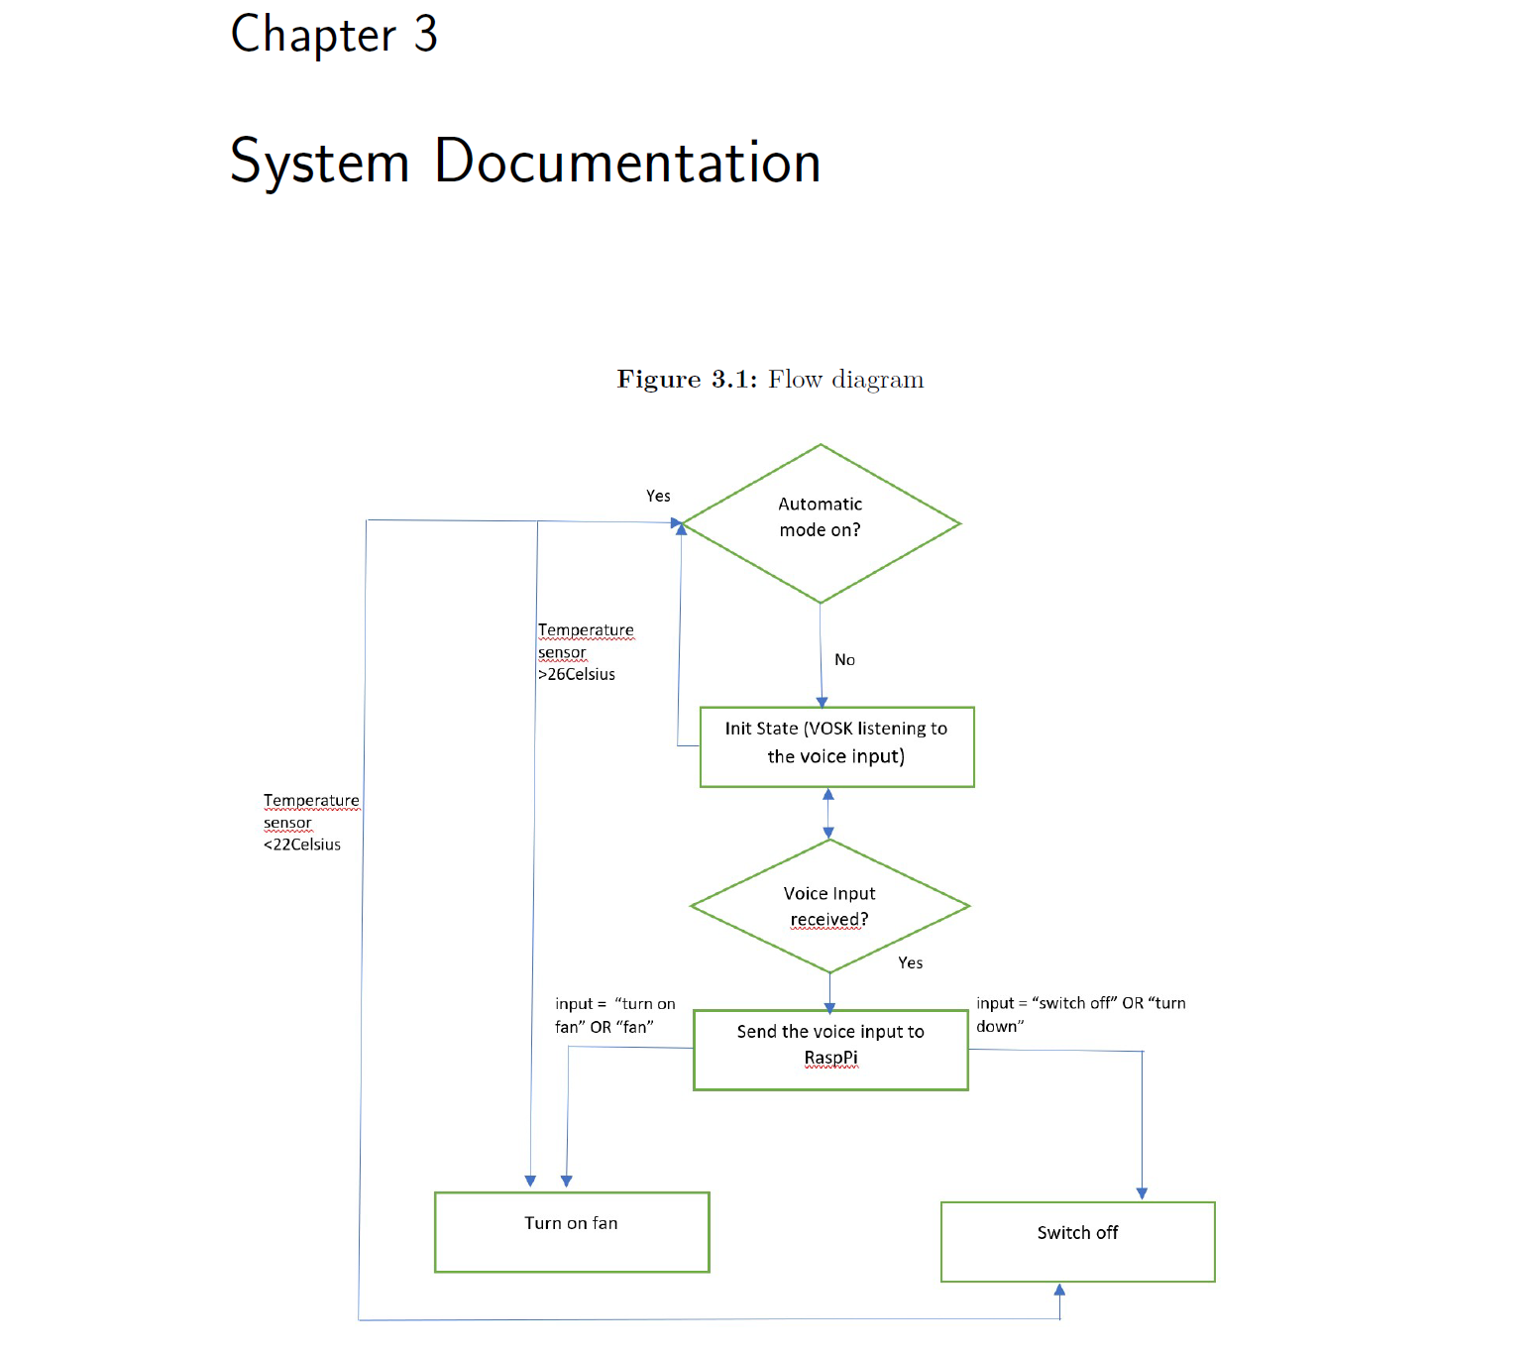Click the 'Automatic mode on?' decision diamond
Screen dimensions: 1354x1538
821,522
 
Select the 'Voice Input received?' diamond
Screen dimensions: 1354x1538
829,906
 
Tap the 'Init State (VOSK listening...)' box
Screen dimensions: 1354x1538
836,746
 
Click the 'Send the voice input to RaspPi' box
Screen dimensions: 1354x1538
830,1050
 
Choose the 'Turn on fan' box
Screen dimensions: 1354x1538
572,1231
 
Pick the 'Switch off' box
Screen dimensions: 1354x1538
1077,1241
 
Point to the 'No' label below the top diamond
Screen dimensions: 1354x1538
844,660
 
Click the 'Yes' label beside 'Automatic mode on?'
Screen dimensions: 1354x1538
658,496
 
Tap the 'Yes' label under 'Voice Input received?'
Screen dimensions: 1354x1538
910,962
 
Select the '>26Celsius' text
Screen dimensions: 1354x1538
577,674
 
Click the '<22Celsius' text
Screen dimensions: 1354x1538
302,845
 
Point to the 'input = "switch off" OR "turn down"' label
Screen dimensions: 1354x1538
1080,1014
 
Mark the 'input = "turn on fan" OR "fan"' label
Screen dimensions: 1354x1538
614,1015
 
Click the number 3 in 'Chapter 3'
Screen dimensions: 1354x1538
425,35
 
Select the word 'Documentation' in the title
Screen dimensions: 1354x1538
627,162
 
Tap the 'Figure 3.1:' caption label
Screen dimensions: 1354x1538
686,380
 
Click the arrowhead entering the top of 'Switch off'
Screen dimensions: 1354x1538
1142,1193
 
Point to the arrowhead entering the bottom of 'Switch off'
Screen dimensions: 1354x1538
1059,1291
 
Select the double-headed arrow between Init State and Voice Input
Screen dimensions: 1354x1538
828,813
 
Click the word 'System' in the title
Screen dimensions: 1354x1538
319,162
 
